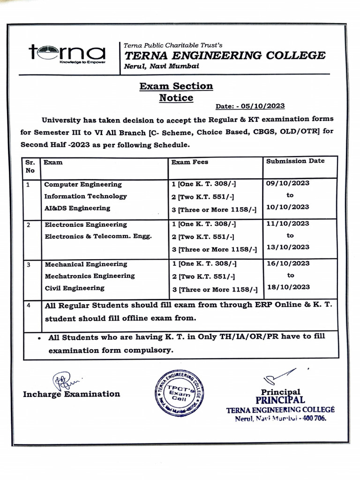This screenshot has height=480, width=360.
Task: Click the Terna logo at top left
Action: [x=67, y=53]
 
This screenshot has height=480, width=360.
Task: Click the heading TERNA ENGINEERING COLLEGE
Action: [x=224, y=55]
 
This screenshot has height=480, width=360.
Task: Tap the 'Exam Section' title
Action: [x=176, y=86]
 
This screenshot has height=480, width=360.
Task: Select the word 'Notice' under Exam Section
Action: [x=176, y=98]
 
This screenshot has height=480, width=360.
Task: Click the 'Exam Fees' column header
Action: [x=190, y=162]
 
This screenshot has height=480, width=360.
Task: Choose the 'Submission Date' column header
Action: [x=295, y=161]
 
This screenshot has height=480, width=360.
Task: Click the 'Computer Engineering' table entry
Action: [x=83, y=184]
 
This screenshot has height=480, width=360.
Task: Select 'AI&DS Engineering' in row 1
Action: [x=77, y=208]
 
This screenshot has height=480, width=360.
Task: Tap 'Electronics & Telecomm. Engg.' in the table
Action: [x=98, y=236]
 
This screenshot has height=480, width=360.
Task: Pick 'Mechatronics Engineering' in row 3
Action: [x=90, y=276]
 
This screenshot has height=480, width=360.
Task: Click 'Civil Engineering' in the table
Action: [x=75, y=288]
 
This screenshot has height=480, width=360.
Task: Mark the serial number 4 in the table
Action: [x=29, y=306]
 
